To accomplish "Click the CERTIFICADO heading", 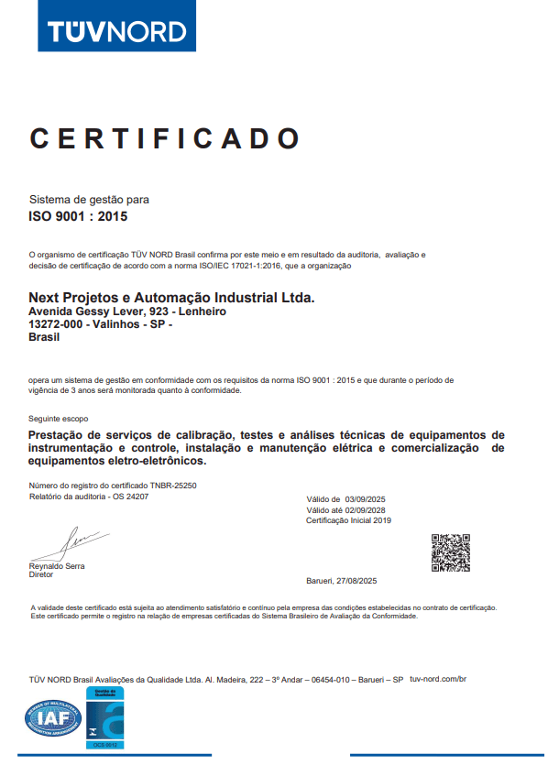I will [165, 138].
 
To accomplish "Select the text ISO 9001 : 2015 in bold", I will [79, 218].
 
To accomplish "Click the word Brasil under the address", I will [44, 337].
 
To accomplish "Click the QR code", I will [451, 552].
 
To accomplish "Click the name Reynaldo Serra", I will [57, 566].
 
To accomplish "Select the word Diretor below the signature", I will [42, 575].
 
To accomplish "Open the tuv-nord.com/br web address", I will [439, 679].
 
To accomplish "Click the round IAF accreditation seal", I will [53, 718].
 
